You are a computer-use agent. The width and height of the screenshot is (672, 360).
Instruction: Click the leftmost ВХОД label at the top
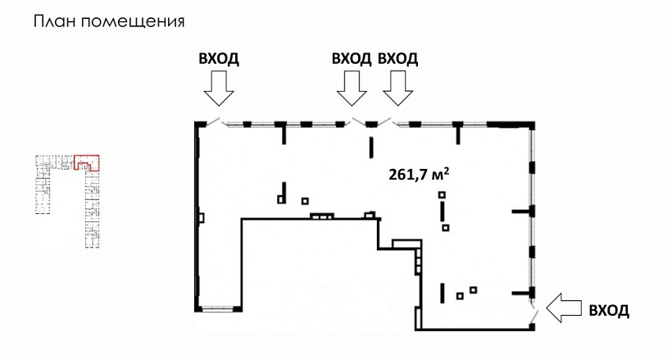(219, 58)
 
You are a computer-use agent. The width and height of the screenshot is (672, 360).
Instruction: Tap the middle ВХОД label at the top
(352, 58)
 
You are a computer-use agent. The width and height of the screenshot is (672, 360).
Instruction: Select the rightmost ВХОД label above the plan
(397, 58)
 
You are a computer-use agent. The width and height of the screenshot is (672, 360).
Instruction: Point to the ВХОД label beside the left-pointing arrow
(609, 310)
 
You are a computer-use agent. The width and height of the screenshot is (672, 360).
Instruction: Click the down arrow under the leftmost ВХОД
(219, 88)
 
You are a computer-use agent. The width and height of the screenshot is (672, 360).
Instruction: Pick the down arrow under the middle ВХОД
(352, 88)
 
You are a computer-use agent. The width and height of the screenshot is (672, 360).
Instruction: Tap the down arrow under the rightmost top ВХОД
(398, 88)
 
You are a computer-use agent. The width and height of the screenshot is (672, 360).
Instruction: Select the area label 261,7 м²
(420, 174)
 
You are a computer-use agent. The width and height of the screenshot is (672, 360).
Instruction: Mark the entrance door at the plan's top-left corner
(211, 121)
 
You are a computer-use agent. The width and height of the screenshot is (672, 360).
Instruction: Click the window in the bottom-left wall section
(217, 308)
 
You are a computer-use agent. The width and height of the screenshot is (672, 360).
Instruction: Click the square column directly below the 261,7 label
(442, 194)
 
